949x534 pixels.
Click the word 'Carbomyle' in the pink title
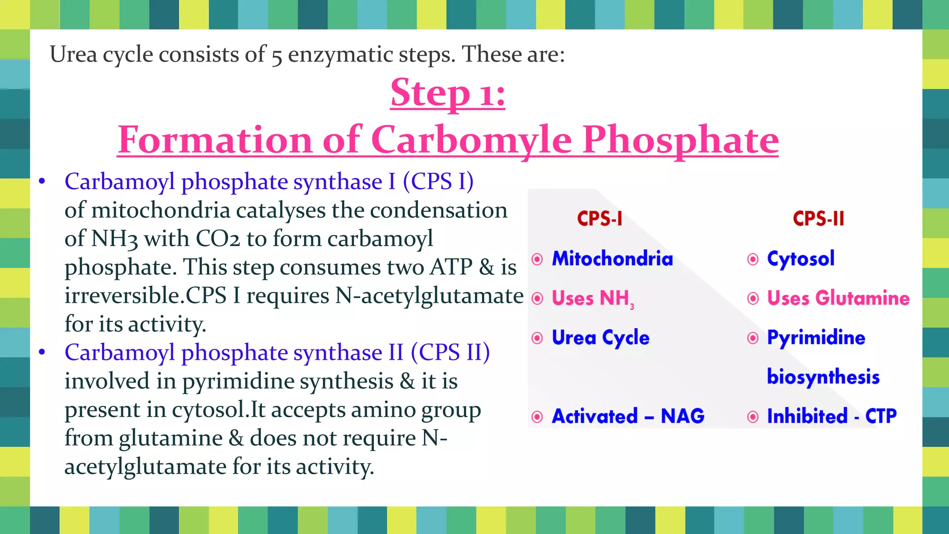(471, 140)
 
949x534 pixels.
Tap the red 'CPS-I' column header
(600, 218)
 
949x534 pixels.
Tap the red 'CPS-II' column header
(818, 218)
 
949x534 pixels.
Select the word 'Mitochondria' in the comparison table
(612, 259)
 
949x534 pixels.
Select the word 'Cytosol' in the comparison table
(801, 259)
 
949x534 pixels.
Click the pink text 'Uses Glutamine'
(838, 298)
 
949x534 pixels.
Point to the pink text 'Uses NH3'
(592, 298)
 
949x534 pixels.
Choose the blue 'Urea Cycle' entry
(601, 337)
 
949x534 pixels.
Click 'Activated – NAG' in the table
(628, 416)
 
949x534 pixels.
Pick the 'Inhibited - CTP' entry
(832, 416)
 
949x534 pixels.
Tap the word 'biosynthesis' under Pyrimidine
(823, 377)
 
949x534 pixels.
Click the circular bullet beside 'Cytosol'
(753, 259)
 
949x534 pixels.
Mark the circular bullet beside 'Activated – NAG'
(537, 417)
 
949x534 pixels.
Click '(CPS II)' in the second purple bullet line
(450, 353)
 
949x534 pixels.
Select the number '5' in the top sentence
(277, 56)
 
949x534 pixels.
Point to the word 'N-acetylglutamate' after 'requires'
(429, 296)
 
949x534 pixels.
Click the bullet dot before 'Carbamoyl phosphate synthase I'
(42, 181)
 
